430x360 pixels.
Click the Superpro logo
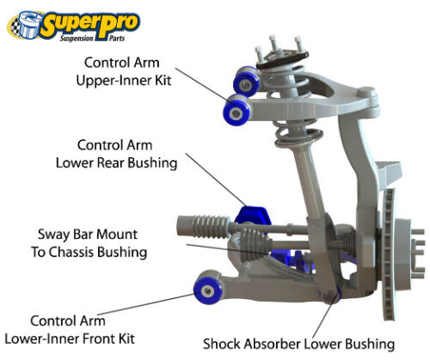73,26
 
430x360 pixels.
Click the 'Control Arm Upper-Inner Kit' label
123,71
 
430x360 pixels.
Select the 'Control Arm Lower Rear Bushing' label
116,154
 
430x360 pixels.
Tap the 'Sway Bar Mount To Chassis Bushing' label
89,243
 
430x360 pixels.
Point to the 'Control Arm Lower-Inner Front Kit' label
70,330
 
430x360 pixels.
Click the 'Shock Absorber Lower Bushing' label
298,344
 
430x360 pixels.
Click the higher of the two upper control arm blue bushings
246,81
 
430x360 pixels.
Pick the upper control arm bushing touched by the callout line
236,110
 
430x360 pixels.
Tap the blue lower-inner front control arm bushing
207,290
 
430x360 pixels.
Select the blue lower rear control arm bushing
252,217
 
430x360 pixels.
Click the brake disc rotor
389,254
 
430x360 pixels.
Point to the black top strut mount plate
283,60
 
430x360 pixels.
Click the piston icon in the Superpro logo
27,25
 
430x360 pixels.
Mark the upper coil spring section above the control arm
286,81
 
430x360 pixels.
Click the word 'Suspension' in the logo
77,38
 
